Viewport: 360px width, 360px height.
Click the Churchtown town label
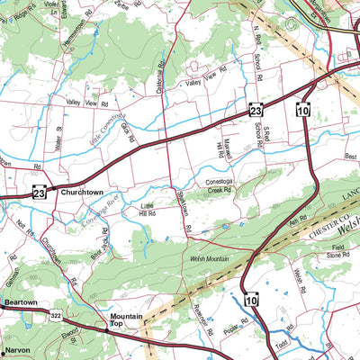click(85, 193)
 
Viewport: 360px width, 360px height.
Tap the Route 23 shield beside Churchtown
click(39, 193)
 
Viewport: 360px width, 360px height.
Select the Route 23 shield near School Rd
click(256, 110)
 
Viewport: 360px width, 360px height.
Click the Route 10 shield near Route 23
click(302, 110)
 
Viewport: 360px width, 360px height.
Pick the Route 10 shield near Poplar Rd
click(249, 300)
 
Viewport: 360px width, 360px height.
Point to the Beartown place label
click(19, 303)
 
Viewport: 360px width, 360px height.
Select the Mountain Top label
click(127, 321)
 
